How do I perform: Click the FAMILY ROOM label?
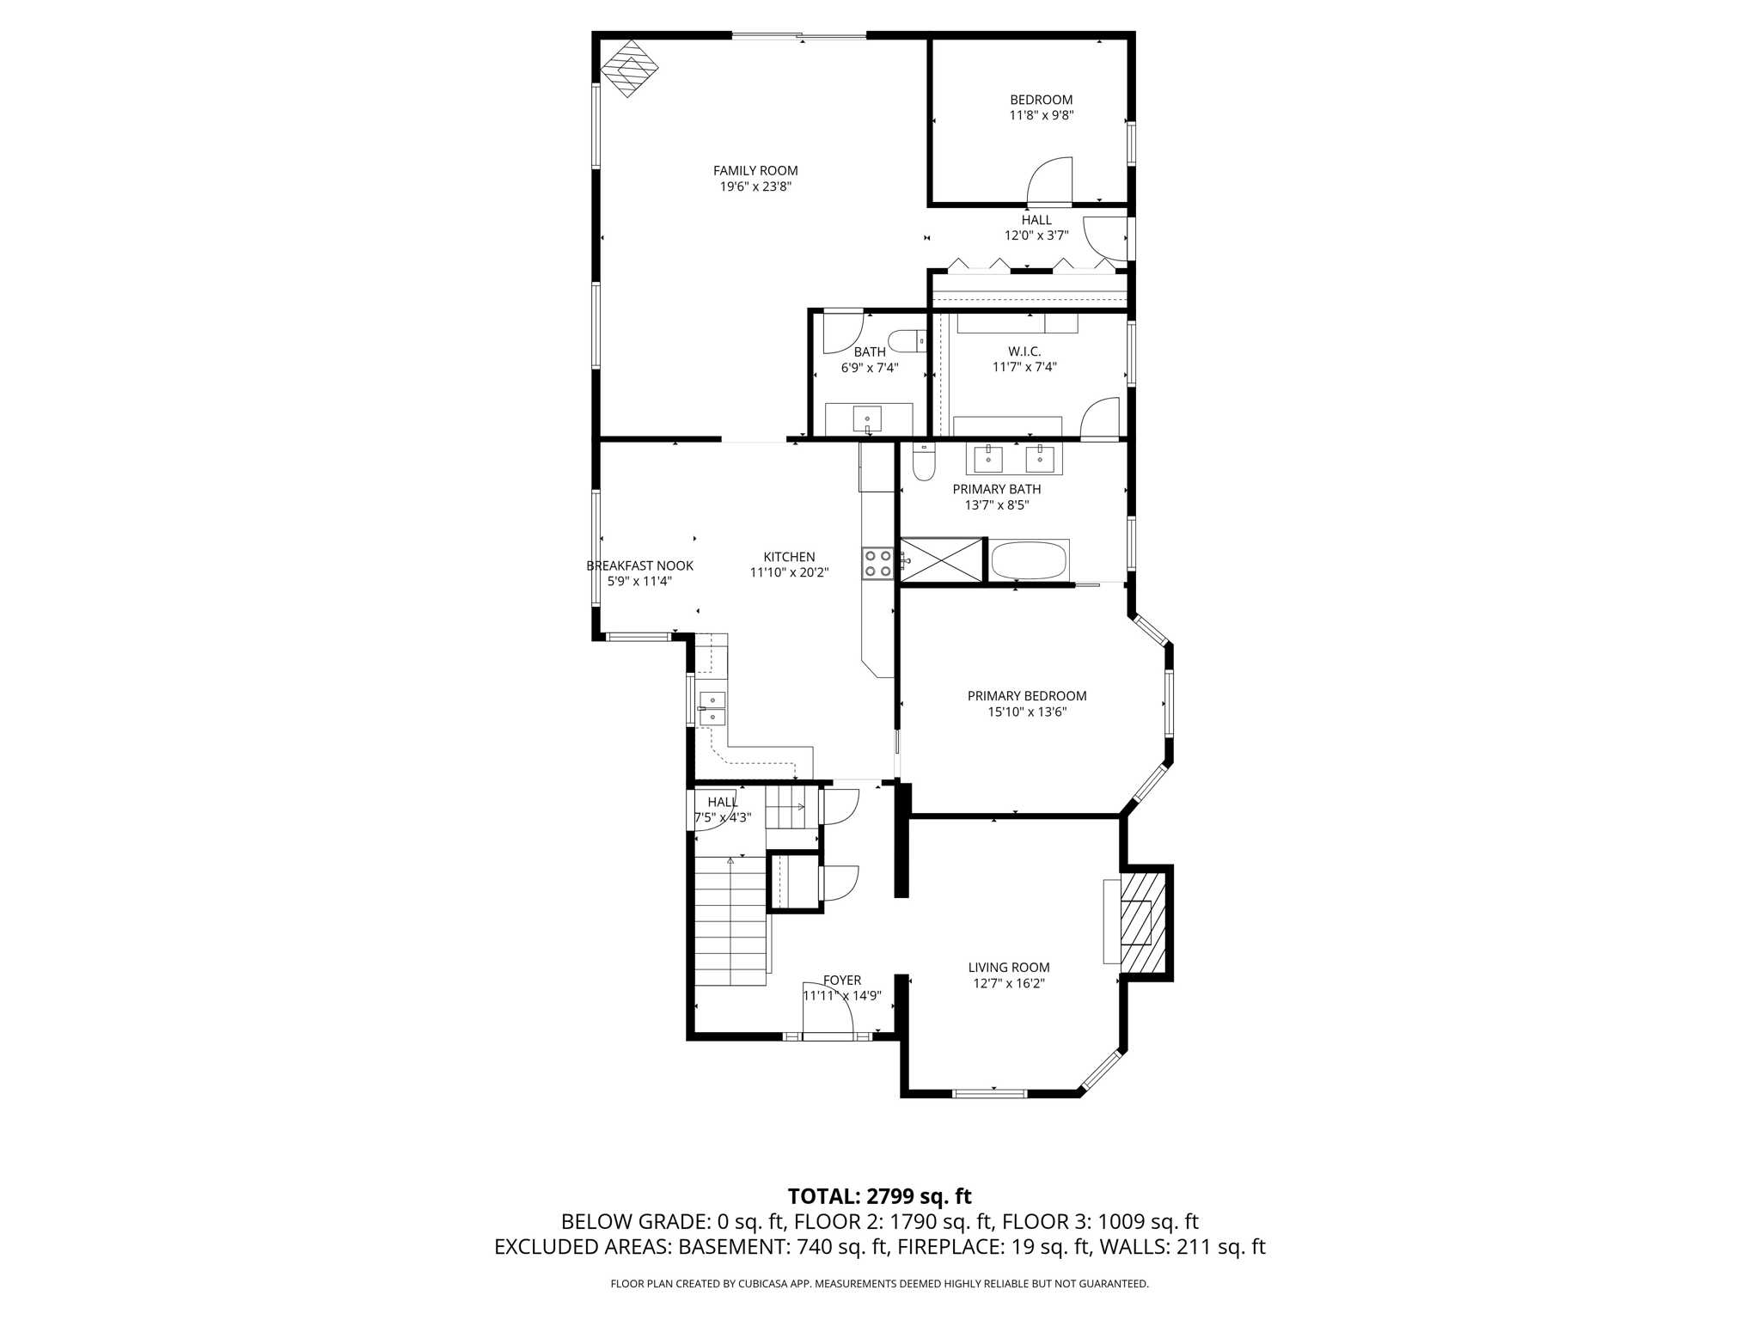[x=755, y=171]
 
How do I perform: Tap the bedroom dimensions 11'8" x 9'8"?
[x=1041, y=115]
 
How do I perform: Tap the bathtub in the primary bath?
[x=1029, y=561]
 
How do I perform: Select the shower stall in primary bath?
[x=941, y=561]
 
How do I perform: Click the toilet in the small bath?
[x=904, y=342]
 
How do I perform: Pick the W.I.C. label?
[x=1024, y=351]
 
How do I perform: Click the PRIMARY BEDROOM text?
[x=1026, y=696]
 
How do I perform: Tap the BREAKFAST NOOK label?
[x=639, y=565]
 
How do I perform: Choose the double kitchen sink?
[x=712, y=707]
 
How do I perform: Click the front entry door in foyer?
[x=827, y=1011]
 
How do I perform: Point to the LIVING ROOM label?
[x=1008, y=968]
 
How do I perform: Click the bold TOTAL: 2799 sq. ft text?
[x=879, y=1196]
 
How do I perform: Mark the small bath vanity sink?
[x=867, y=419]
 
